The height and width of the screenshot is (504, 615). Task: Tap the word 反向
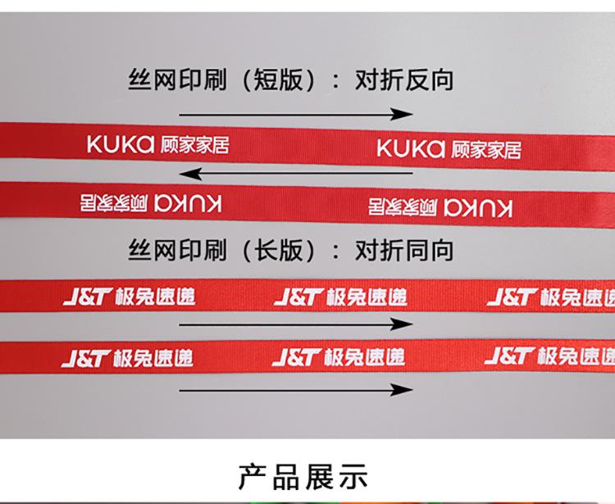pos(429,80)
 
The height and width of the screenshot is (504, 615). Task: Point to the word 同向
pos(429,250)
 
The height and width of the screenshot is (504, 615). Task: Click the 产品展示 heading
pos(303,476)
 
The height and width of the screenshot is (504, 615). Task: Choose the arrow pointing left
pos(296,174)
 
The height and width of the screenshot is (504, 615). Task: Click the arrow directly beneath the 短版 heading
pos(296,114)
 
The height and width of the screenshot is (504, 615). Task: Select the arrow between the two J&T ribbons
pos(296,325)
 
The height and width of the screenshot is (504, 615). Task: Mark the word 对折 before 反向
pos(379,80)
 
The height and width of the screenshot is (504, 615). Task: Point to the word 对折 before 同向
pos(379,250)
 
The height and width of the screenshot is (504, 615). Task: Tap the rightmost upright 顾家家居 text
pos(484,149)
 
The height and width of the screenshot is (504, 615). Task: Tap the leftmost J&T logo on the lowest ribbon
pos(86,358)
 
